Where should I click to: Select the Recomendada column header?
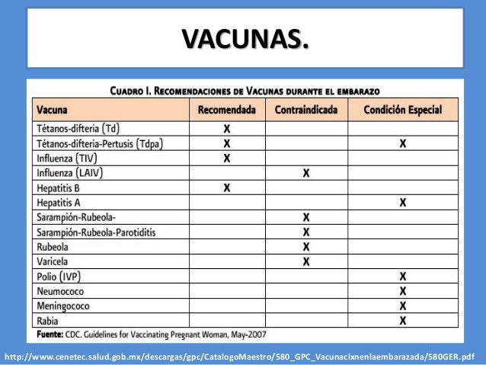(x=226, y=110)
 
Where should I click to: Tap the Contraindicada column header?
(x=306, y=110)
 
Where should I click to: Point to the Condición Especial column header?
(x=402, y=110)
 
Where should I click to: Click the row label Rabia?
(x=49, y=320)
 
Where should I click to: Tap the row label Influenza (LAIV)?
(x=69, y=173)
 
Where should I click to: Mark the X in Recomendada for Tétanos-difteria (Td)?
(x=226, y=129)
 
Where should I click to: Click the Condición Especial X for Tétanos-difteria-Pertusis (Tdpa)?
(x=402, y=143)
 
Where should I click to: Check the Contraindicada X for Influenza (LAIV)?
(x=306, y=173)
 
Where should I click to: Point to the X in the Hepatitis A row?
(x=402, y=203)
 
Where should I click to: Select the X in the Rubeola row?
(x=306, y=247)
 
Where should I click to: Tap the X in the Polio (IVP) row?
(x=402, y=276)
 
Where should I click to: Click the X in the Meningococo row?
(x=402, y=306)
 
